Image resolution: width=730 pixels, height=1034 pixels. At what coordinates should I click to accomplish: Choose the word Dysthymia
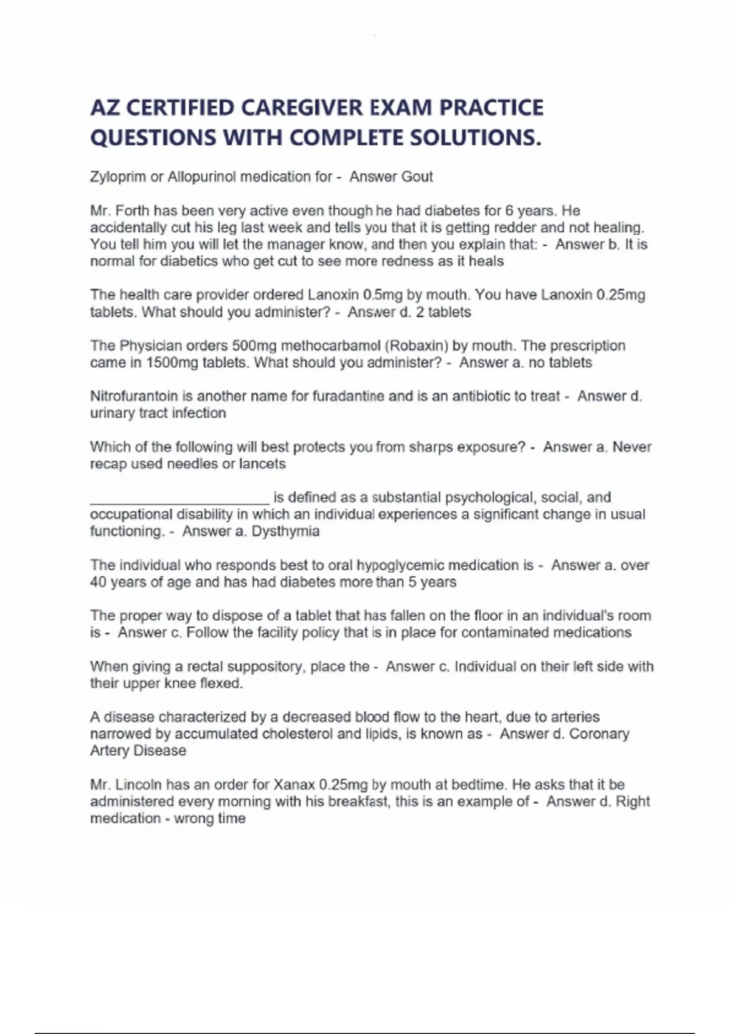(x=285, y=532)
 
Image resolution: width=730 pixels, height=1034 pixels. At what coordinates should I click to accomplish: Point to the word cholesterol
(x=297, y=734)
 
